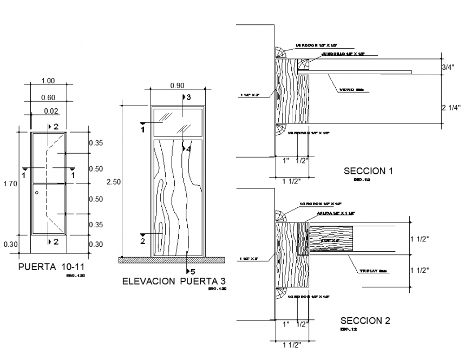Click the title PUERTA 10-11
pyautogui.click(x=51, y=267)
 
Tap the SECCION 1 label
pyautogui.click(x=368, y=171)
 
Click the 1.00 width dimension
pyautogui.click(x=48, y=81)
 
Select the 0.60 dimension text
pyautogui.click(x=48, y=97)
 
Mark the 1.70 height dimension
pyautogui.click(x=10, y=184)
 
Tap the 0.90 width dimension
pyautogui.click(x=176, y=85)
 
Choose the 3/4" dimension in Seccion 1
pyautogui.click(x=449, y=68)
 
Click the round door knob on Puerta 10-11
pyautogui.click(x=37, y=193)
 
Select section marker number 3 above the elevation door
pyautogui.click(x=187, y=97)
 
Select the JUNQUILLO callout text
pyautogui.click(x=343, y=54)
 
